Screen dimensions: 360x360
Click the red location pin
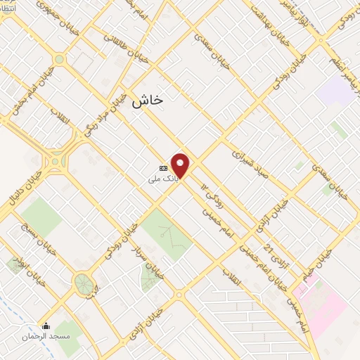point(181,165)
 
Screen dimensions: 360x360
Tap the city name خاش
point(147,100)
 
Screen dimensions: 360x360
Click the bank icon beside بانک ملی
point(164,169)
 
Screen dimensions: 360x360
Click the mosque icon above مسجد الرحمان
point(46,326)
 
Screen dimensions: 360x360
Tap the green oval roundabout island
point(83,284)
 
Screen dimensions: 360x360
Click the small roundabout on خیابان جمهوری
point(59,59)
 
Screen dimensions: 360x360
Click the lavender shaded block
point(336,90)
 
